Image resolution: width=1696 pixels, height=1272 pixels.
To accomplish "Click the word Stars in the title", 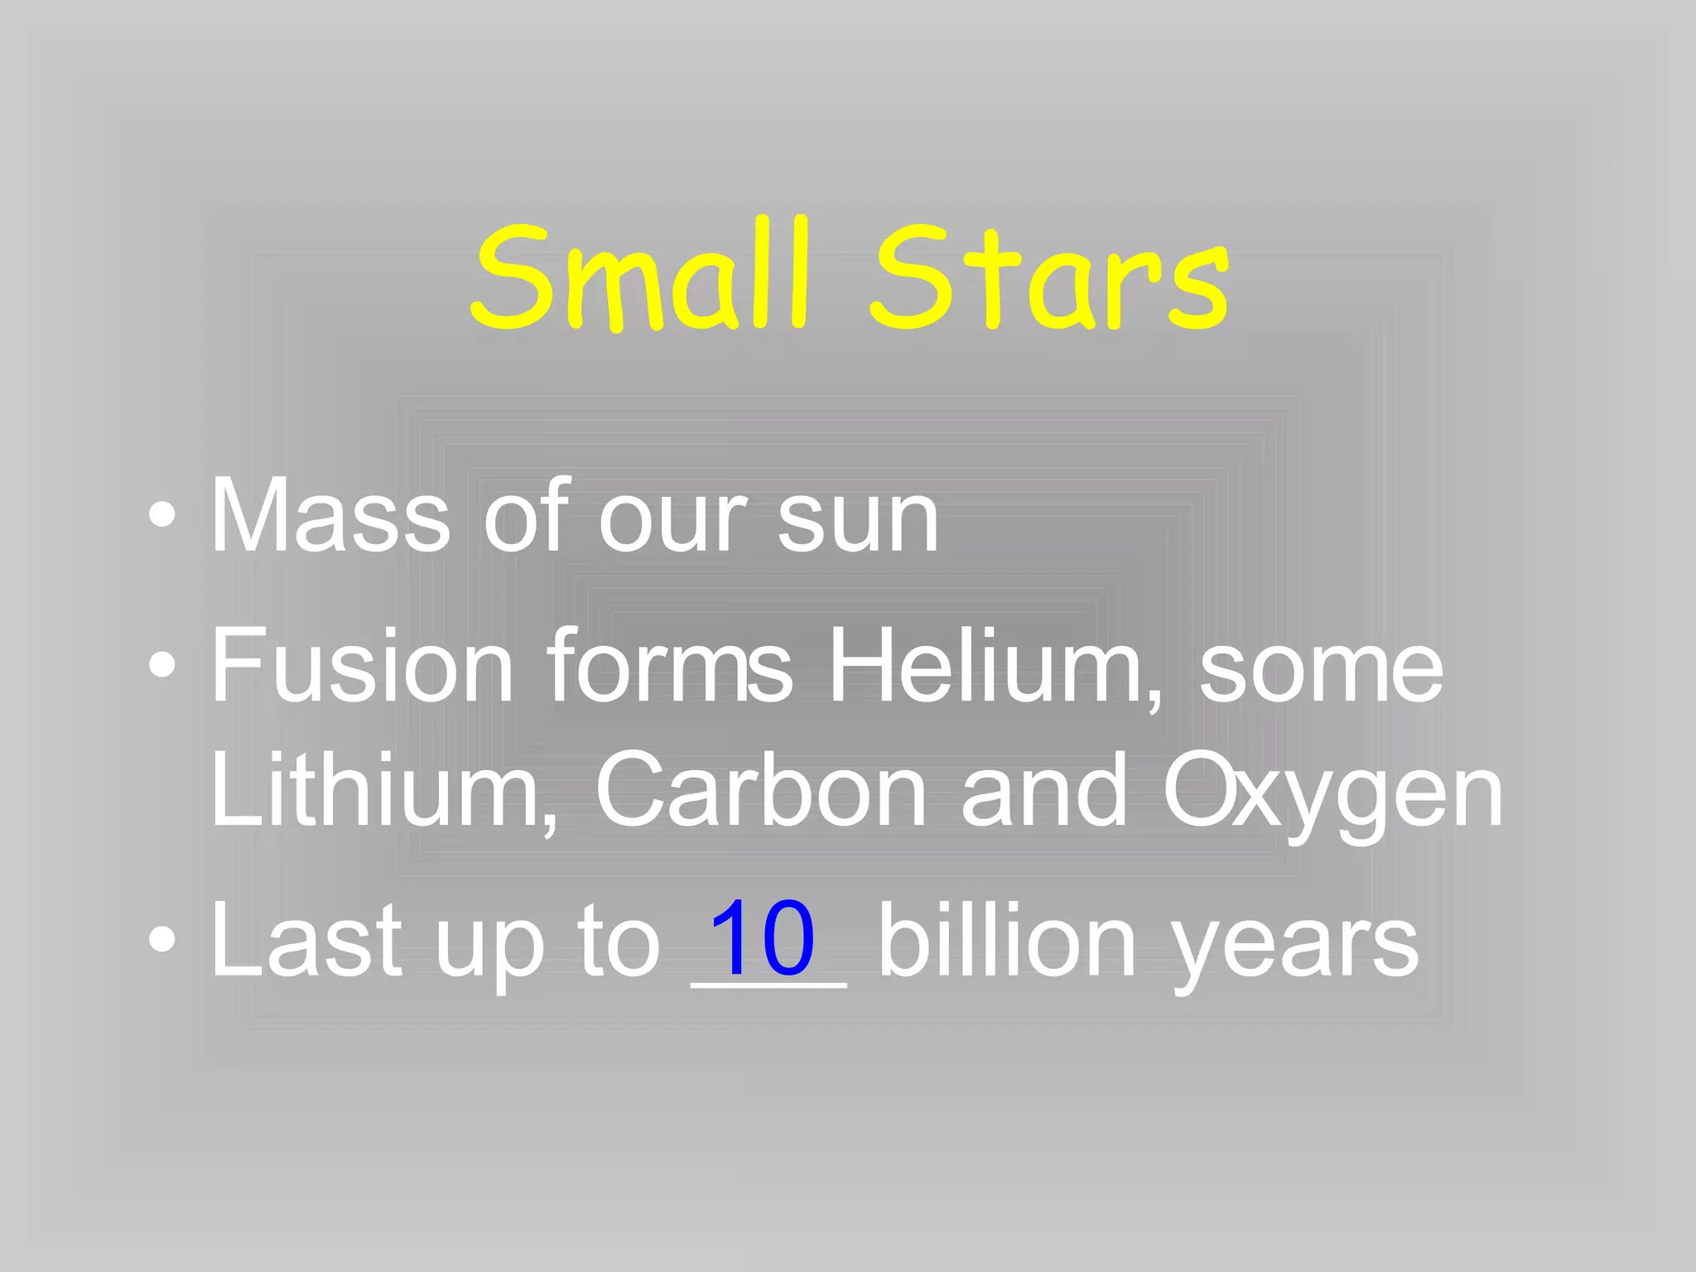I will point(1049,277).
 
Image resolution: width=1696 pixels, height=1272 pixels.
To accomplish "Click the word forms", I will point(669,666).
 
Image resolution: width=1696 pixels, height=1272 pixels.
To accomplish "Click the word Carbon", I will point(760,790).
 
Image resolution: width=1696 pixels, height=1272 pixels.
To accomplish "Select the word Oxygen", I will point(1332,795).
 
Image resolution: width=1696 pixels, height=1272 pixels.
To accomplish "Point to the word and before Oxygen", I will point(1044,790).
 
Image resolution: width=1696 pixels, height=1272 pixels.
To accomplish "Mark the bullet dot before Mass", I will point(162,516).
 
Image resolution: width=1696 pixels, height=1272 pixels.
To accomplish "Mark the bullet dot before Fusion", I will point(162,665).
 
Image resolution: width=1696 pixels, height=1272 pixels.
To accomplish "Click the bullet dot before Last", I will point(162,940).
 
